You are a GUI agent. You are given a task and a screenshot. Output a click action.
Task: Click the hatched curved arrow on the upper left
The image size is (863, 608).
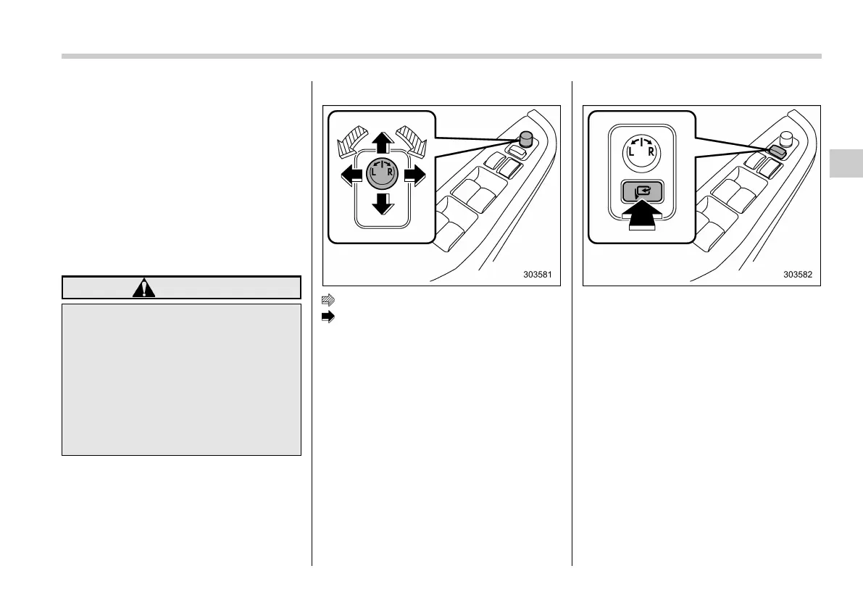pyautogui.click(x=353, y=138)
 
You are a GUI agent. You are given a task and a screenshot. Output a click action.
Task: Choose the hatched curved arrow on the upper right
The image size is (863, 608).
pyautogui.click(x=411, y=138)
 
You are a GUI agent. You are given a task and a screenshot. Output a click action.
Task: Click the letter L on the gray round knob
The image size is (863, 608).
pyautogui.click(x=374, y=173)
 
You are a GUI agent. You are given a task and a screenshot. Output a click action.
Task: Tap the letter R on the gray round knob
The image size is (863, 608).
pyautogui.click(x=390, y=173)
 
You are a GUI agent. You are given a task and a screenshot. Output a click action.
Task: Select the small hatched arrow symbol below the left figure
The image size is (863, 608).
pyautogui.click(x=328, y=299)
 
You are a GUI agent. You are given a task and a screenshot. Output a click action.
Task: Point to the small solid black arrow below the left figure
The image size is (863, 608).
pyautogui.click(x=328, y=317)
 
